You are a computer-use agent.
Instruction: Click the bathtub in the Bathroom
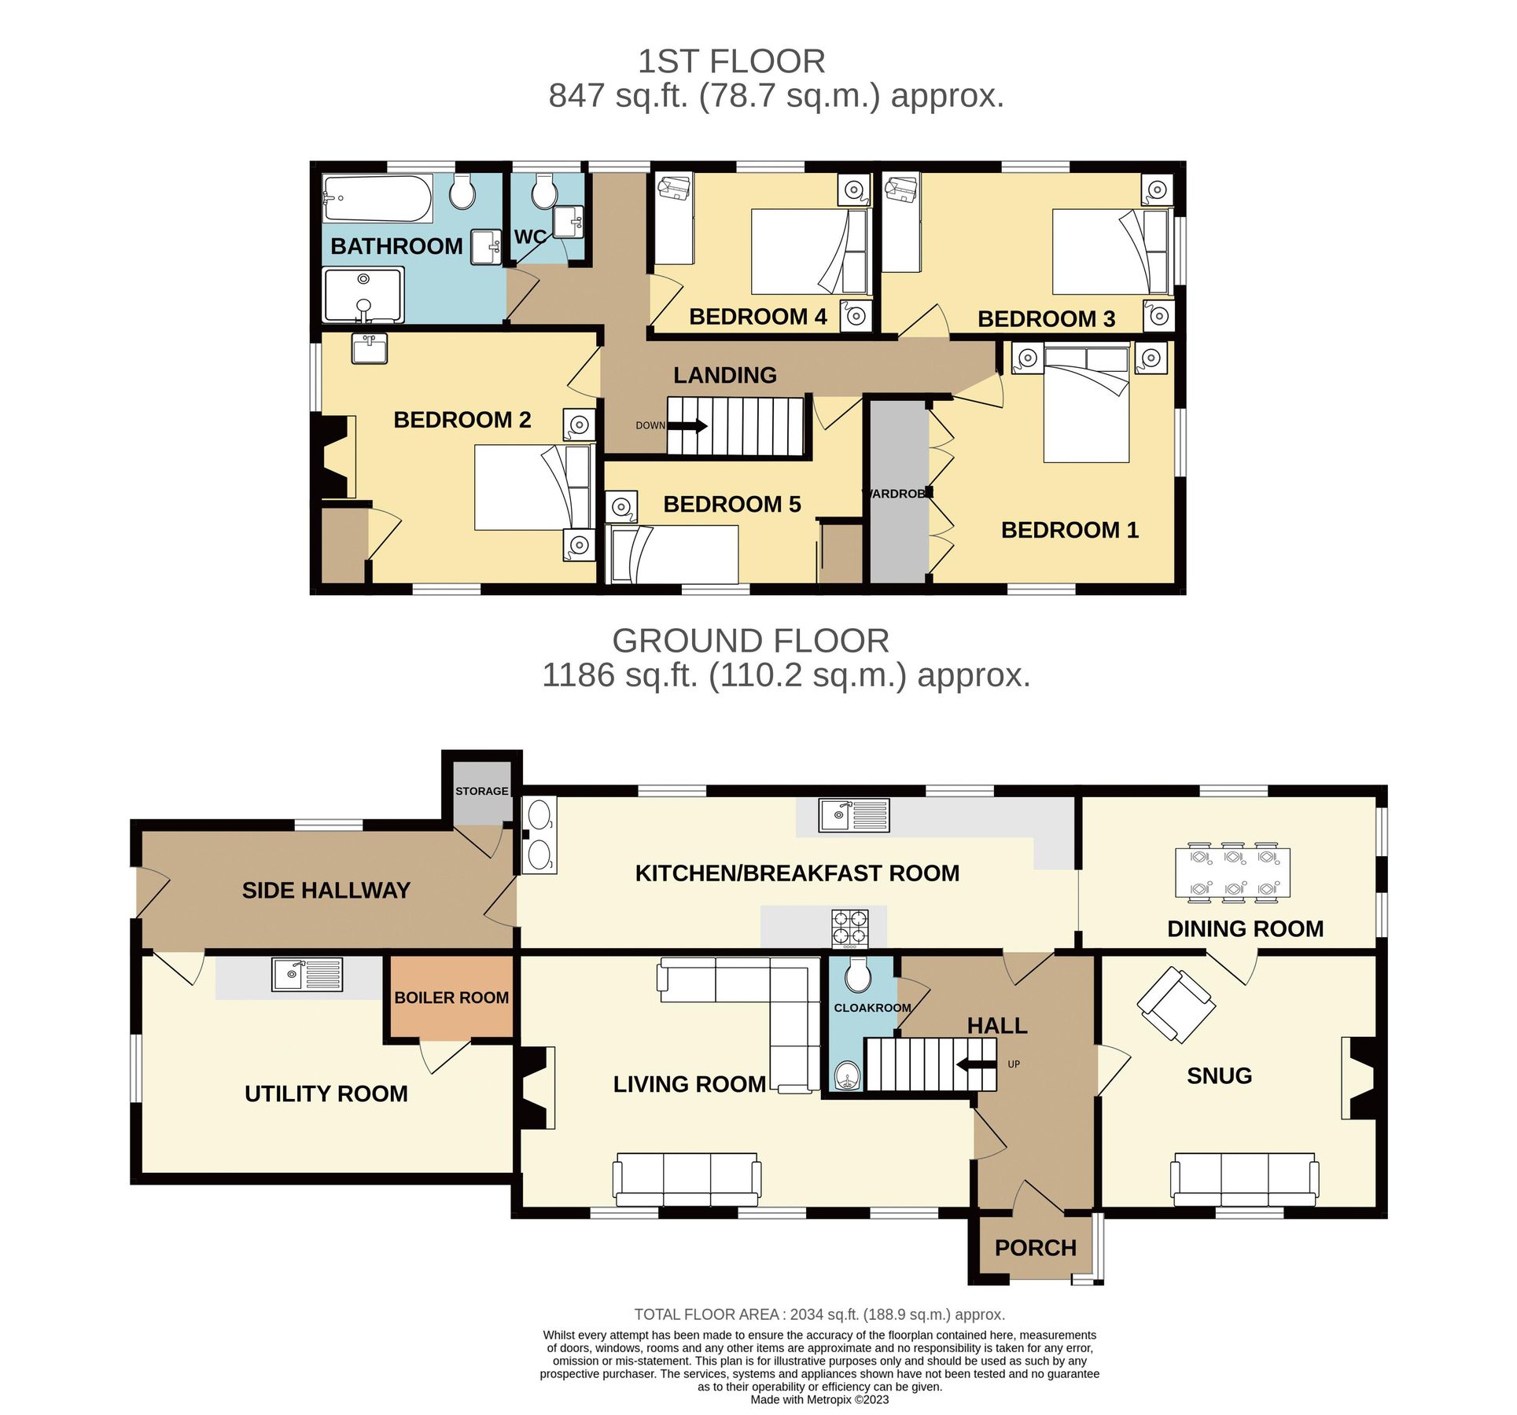coord(377,200)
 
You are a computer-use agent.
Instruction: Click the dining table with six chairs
coord(1232,873)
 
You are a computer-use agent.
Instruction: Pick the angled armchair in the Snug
coord(1176,1005)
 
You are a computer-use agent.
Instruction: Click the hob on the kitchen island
coord(850,928)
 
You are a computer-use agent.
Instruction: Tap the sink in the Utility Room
coord(307,975)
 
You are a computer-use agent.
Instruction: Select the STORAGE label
coord(481,791)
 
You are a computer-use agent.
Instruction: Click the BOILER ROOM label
coord(451,998)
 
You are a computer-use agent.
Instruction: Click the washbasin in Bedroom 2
coord(369,348)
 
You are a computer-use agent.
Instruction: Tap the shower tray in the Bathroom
coord(363,295)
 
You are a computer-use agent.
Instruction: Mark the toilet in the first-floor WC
coord(543,191)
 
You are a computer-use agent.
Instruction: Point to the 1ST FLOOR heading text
coord(731,61)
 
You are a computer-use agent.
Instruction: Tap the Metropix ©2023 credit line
coord(819,1399)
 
